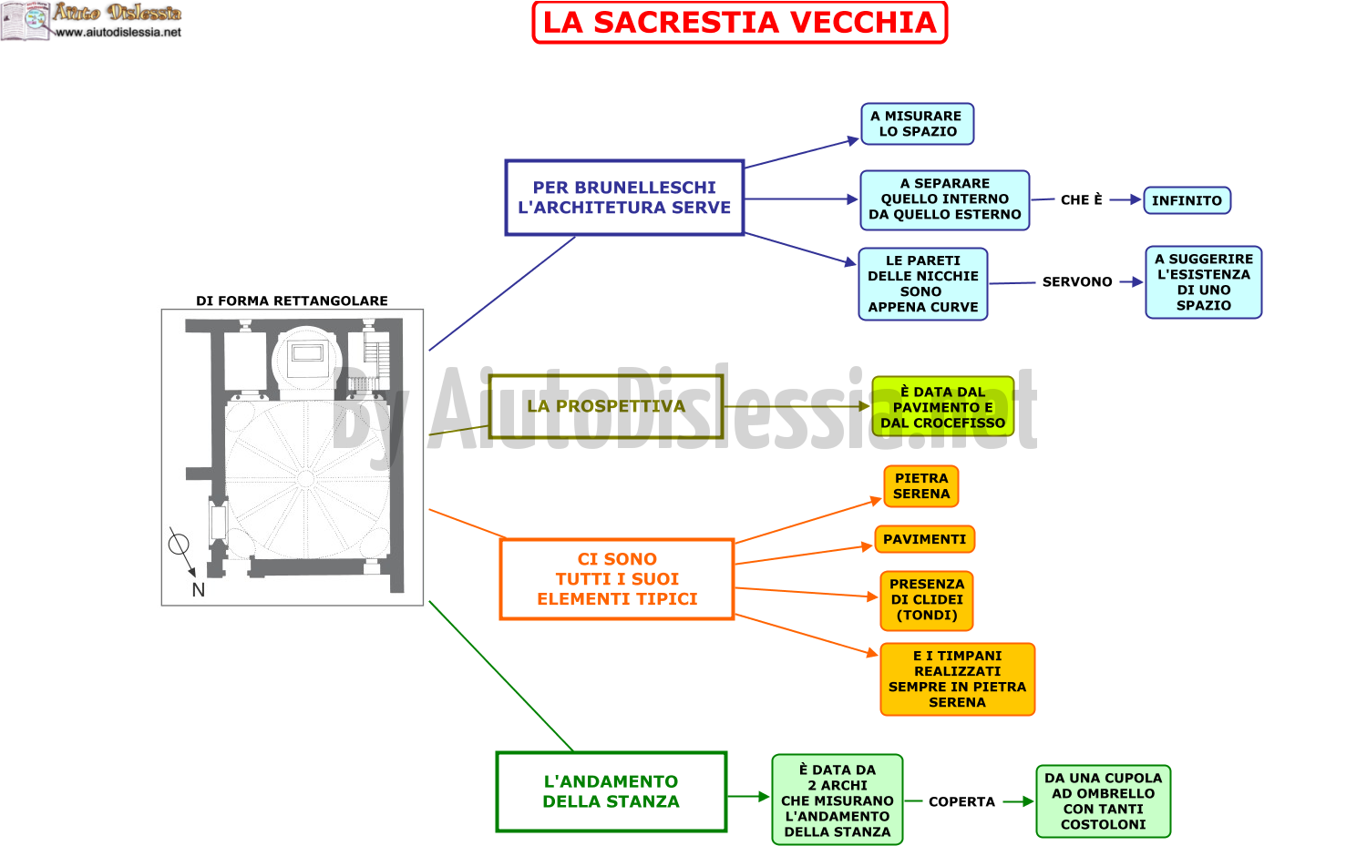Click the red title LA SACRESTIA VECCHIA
tap(740, 23)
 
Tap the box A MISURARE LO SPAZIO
tap(917, 124)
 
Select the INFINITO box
tap(1187, 200)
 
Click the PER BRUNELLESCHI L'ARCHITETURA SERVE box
tap(624, 198)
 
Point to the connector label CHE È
tap(1082, 200)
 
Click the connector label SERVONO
tap(1077, 281)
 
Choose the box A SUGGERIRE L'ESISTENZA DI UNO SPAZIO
tap(1204, 282)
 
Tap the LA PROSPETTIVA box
tap(606, 406)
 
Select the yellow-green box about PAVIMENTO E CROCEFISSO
tap(943, 407)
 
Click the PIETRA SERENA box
tap(920, 486)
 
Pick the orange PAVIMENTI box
tap(925, 539)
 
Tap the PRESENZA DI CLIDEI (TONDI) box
tap(927, 600)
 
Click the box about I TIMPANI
tap(958, 678)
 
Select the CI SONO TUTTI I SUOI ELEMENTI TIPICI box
tap(617, 579)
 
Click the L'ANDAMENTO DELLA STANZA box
tap(611, 791)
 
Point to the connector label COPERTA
tap(961, 801)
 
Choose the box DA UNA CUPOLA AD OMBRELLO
tap(1104, 801)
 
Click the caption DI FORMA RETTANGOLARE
tap(292, 301)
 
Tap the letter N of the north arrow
tap(199, 590)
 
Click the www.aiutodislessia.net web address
tap(118, 32)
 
